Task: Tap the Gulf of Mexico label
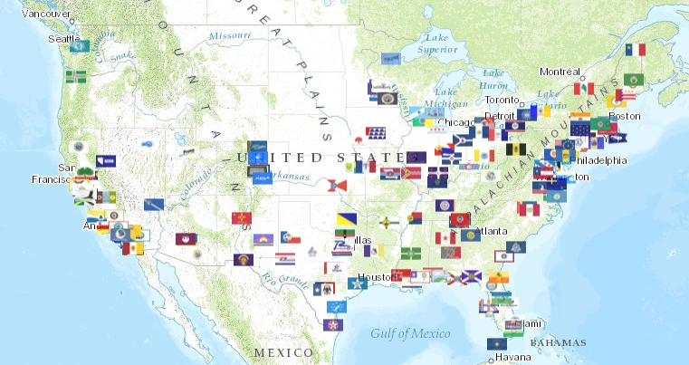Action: click(410, 333)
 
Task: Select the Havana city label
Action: click(513, 356)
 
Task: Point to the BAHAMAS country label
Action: click(558, 342)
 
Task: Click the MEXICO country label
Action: click(283, 351)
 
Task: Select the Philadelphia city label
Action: click(598, 160)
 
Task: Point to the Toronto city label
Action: click(502, 100)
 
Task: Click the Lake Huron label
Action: click(493, 78)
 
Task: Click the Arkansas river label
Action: click(289, 176)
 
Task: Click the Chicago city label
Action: click(455, 122)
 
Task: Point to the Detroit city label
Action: click(500, 116)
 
